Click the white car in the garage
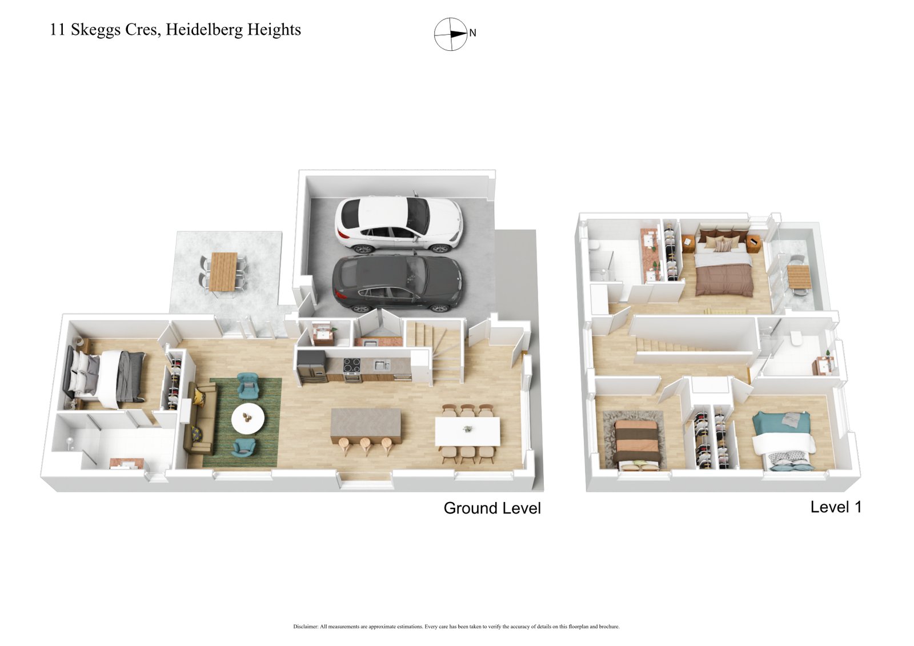point(398,224)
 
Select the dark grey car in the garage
point(398,283)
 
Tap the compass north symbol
point(451,34)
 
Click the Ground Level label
point(492,508)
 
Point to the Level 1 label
point(835,507)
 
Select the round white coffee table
point(248,419)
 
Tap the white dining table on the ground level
point(467,431)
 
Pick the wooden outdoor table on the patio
point(223,271)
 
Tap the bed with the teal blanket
point(783,440)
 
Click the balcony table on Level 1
point(799,276)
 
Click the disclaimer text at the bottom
point(456,627)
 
